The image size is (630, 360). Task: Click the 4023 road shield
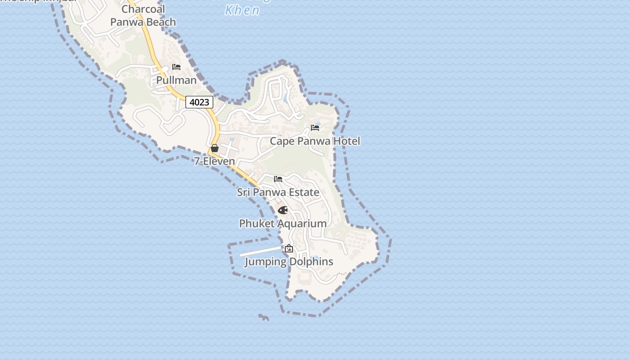199,102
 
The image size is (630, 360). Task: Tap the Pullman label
176,80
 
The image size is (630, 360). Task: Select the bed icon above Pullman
176,67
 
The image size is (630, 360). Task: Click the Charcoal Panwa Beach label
143,15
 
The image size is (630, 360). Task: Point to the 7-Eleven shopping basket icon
215,148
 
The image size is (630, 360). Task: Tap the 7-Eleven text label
215,161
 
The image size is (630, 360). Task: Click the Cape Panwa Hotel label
315,141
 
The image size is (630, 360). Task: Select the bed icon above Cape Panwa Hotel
315,128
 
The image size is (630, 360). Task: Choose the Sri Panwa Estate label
278,192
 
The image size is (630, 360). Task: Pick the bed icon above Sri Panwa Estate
278,179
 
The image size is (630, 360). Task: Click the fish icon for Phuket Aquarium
283,210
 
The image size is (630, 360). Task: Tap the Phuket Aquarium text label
283,223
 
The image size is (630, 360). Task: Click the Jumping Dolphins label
289,261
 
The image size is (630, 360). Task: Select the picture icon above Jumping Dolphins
289,248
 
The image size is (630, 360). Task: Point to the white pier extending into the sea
261,251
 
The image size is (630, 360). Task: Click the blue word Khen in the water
242,10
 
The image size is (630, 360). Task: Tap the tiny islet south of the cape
264,318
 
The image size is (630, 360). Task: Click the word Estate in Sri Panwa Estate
303,192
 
